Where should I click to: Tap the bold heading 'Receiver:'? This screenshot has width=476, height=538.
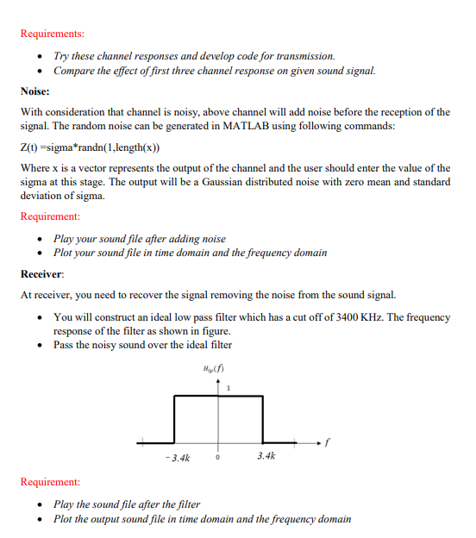coord(43,273)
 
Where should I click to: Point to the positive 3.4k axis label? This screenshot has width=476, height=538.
coord(266,456)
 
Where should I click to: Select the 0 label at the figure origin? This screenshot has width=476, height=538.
coord(218,458)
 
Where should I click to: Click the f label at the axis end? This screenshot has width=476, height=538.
coord(329,444)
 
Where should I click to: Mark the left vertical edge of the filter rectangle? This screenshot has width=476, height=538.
coord(176,420)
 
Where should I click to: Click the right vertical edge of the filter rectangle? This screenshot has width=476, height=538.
coord(264,420)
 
